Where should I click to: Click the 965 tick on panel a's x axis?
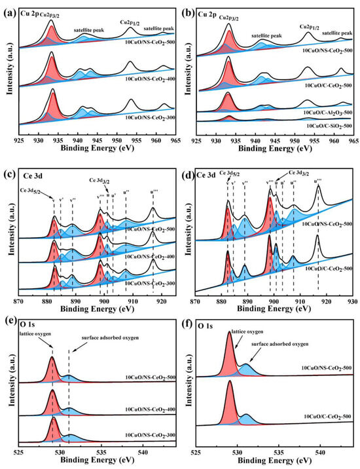click(171, 142)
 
